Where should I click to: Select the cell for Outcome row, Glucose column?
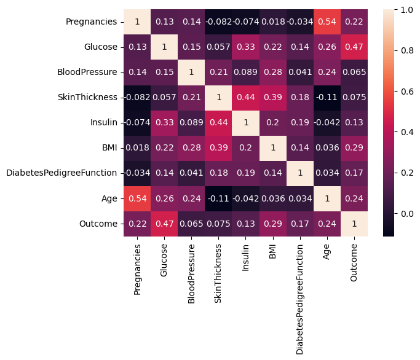point(165,224)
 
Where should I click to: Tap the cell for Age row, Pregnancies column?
point(137,198)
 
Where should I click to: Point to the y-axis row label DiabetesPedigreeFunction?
point(61,173)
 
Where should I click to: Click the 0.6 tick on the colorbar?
point(406,92)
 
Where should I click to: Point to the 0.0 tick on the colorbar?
point(406,214)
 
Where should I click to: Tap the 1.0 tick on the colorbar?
point(406,10)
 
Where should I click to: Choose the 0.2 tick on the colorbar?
point(406,173)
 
